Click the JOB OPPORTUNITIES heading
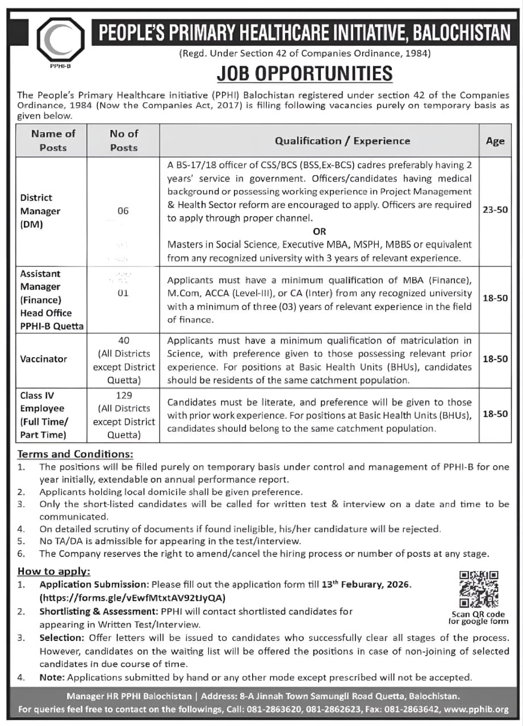tap(304, 73)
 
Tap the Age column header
tap(495, 141)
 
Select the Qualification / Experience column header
tap(342, 141)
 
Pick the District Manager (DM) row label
tap(40, 211)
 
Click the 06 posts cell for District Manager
tap(123, 211)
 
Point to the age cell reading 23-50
tap(495, 210)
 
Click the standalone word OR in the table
tap(320, 231)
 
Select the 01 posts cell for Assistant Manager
tap(123, 293)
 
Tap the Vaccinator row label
tap(44, 359)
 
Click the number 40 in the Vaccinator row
tap(124, 340)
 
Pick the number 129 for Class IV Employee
tap(124, 395)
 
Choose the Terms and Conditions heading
tap(76, 454)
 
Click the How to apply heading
tap(54, 572)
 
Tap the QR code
tap(478, 589)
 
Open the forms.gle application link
tap(132, 598)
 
